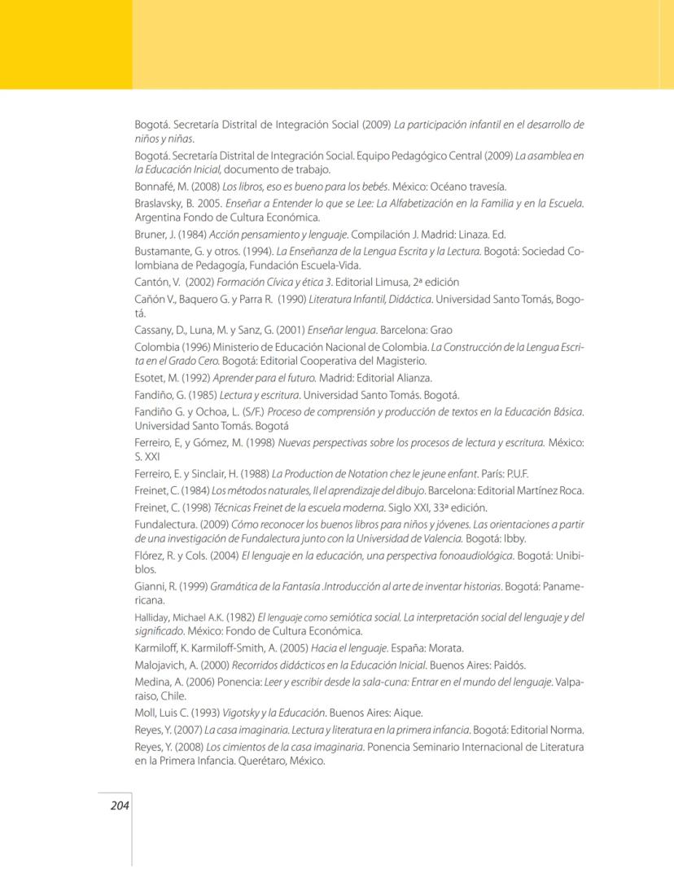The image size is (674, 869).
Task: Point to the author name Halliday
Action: [x=153, y=617]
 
